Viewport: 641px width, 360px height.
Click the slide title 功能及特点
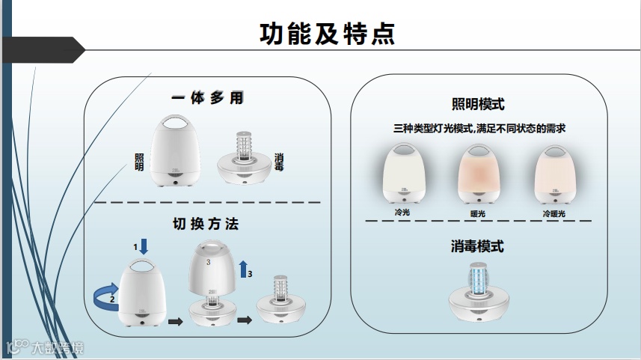327,33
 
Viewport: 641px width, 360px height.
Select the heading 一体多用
207,98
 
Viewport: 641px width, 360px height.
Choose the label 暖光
478,214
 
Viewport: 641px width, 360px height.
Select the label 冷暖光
554,214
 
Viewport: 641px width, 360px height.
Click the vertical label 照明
139,162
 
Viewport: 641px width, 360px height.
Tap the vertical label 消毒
279,162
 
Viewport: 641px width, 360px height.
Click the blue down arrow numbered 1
144,245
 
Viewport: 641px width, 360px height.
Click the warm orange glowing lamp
479,175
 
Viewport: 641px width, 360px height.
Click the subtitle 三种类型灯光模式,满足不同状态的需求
479,129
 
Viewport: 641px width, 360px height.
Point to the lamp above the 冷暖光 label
554,175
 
